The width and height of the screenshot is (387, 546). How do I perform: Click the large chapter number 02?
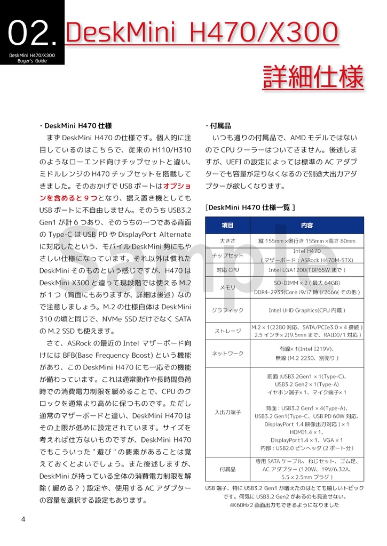[x=31, y=33]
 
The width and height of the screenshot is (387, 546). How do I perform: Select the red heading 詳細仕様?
[x=313, y=77]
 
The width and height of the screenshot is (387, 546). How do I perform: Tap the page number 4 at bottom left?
[x=23, y=519]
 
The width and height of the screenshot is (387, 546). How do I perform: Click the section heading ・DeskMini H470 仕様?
[x=75, y=126]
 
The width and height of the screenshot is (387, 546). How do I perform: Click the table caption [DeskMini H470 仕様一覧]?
[x=250, y=207]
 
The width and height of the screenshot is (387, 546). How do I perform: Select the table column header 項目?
[x=228, y=226]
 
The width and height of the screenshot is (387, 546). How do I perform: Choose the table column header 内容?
[x=307, y=226]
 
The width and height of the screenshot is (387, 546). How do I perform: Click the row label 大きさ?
[x=228, y=241]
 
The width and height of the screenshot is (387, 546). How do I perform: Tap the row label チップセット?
[x=228, y=255]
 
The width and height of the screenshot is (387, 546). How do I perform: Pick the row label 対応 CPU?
[x=228, y=270]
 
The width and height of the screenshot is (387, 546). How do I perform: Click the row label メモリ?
[x=228, y=287]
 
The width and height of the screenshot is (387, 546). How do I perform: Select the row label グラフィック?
[x=228, y=310]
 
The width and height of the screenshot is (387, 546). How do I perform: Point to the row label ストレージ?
[x=228, y=331]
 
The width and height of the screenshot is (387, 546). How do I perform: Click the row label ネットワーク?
[x=228, y=353]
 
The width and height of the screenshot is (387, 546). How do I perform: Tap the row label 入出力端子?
[x=228, y=412]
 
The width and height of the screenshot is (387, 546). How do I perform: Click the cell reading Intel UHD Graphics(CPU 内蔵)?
[x=307, y=310]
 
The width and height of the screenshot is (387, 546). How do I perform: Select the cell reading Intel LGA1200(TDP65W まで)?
[x=307, y=270]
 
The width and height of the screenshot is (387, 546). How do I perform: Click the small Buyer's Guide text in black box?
[x=32, y=61]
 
